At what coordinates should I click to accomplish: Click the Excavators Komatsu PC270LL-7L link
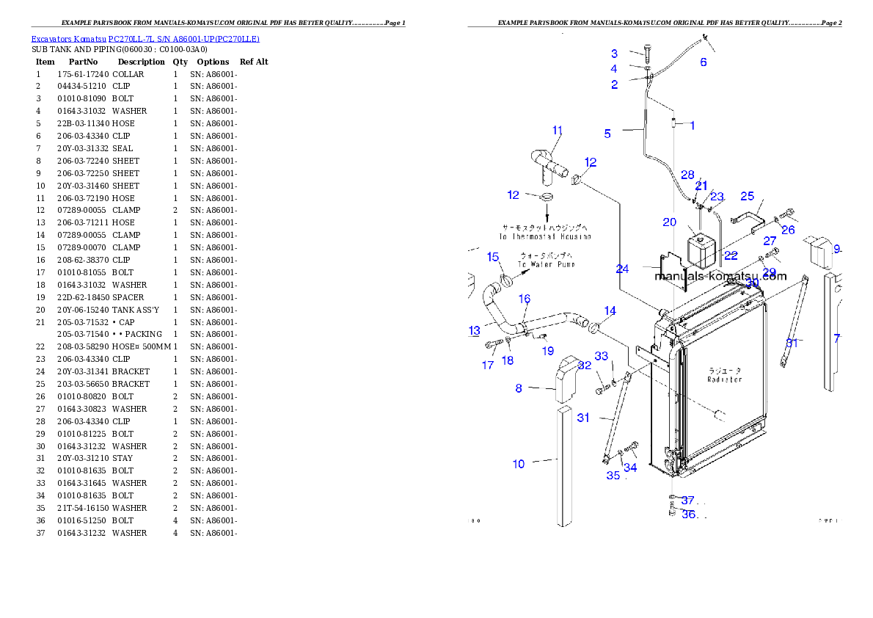coord(145,39)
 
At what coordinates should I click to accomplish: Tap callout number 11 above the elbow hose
coord(558,131)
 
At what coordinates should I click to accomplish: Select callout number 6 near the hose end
coord(704,62)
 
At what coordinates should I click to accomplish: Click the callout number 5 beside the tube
coord(607,134)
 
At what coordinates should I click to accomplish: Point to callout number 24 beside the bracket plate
coord(622,269)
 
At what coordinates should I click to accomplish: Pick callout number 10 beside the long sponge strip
coord(519,464)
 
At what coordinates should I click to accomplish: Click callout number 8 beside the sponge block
coord(519,388)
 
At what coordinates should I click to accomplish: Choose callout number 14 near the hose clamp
coord(610,311)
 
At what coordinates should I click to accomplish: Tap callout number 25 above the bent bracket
coord(747,196)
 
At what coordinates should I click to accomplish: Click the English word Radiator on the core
coord(724,379)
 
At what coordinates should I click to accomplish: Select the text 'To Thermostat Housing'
coord(544,237)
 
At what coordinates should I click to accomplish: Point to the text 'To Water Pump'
coord(546,264)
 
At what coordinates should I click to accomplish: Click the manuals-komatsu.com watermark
coord(720,277)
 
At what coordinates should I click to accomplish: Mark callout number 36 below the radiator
coord(688,515)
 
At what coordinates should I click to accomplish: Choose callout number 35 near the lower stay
coord(613,476)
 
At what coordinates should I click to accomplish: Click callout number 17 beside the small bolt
coord(488,365)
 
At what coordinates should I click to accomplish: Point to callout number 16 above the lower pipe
coord(525,299)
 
